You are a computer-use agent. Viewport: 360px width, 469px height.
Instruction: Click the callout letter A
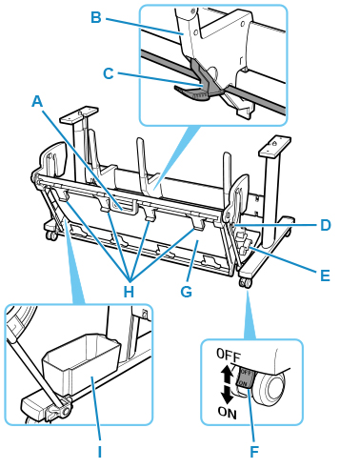tap(37, 102)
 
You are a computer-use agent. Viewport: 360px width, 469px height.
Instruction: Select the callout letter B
tap(96, 17)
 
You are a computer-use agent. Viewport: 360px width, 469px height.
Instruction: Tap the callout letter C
tap(109, 73)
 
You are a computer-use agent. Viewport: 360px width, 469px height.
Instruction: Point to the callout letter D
tap(325, 225)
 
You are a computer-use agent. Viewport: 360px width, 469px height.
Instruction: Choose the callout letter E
tap(325, 275)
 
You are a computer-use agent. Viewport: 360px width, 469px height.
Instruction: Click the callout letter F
tap(254, 451)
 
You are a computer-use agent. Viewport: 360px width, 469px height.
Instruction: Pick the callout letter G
tap(187, 291)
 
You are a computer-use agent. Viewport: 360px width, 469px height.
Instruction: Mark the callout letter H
tap(129, 291)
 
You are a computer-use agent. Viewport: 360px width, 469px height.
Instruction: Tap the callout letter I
tap(100, 451)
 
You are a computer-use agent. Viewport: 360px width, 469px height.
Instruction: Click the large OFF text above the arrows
tap(229, 355)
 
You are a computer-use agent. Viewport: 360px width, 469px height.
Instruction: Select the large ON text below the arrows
tap(228, 413)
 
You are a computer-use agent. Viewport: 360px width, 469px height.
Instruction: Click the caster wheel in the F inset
tap(272, 387)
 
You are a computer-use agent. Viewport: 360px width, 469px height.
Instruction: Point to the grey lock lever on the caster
tap(245, 378)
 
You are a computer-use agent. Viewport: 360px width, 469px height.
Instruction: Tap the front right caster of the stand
tap(245, 283)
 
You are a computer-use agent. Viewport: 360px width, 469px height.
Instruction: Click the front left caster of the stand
tap(51, 235)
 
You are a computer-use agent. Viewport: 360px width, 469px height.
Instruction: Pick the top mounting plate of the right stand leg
tap(275, 144)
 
